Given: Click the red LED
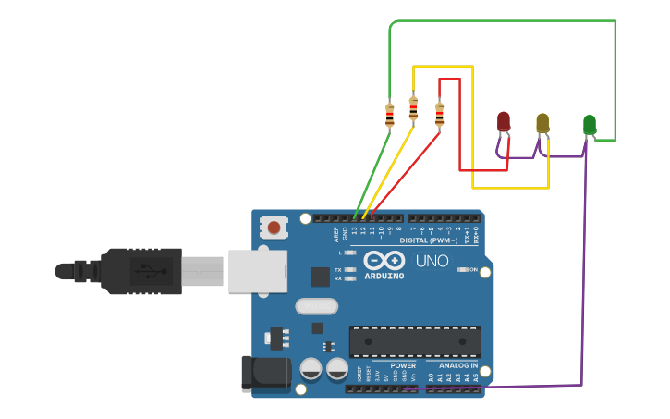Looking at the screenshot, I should coord(504,121).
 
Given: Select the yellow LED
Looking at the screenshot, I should coord(542,123).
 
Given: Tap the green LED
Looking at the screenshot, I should coord(590,124).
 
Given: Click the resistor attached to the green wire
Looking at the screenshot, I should coord(390,115).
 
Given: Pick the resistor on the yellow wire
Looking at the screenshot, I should coord(413,110).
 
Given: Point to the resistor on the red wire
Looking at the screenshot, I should coord(439,115).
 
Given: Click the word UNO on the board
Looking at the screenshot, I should coord(432,262).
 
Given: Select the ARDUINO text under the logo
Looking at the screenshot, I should coord(384,276).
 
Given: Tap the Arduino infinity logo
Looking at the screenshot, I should coord(384,261).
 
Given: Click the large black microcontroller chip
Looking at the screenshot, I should coord(415,341).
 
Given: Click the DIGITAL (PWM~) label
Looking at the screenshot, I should coord(426,240).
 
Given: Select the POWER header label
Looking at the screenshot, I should coord(403,365).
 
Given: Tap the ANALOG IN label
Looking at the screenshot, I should coord(458,365).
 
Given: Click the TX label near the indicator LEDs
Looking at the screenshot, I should coord(338,269).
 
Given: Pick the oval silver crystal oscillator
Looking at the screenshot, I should coord(317,306).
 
